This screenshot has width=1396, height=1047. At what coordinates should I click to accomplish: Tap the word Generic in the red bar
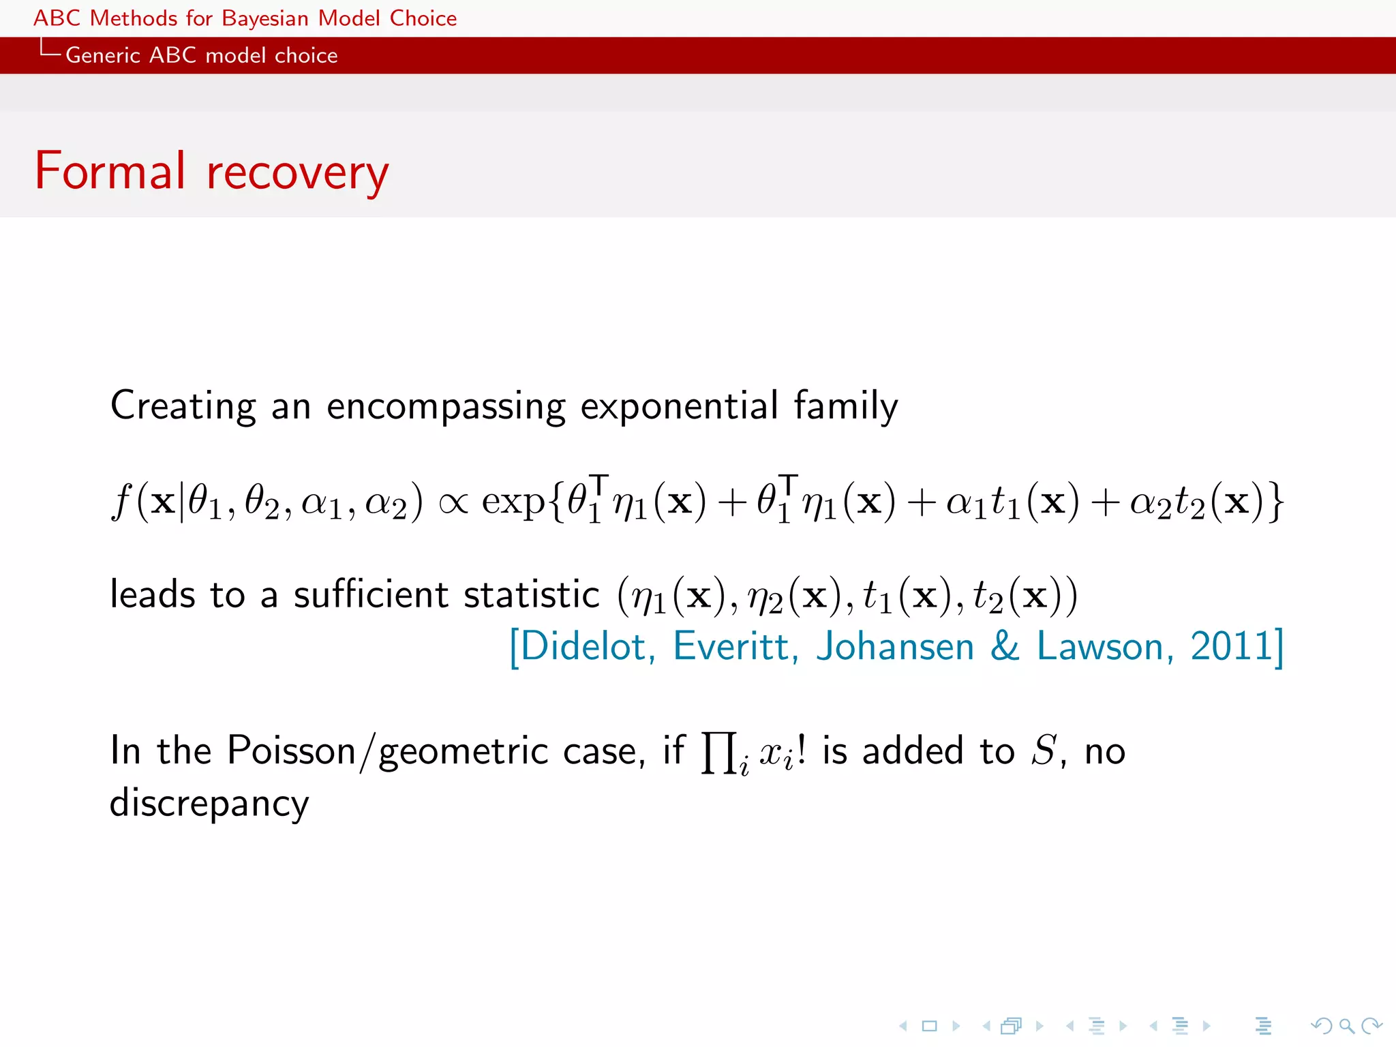coord(102,55)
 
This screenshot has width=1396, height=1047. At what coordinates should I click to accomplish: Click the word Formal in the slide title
coord(110,171)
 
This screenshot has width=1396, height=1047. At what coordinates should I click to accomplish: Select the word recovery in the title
coord(297,173)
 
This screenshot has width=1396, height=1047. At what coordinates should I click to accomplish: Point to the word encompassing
coord(446,406)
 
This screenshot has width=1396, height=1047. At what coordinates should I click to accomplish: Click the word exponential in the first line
coord(679,406)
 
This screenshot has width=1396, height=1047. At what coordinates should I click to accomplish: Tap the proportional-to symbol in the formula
coord(453,503)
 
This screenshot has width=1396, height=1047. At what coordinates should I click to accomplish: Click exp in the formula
coord(513,503)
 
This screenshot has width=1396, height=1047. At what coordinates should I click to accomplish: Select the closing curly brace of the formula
coord(1275,503)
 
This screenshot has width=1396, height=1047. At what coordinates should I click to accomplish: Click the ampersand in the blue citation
coord(1005,646)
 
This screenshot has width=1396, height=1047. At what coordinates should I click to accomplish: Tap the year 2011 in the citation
coord(1231,646)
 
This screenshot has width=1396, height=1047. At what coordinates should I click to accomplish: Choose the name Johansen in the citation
coord(895,646)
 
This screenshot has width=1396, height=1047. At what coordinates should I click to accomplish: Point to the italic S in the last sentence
coord(1044,750)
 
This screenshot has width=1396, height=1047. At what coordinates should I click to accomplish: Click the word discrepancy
coord(209,804)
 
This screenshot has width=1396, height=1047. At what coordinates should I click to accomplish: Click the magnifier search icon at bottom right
coord(1346,1025)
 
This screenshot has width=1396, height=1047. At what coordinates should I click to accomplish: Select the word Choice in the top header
coord(423,18)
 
